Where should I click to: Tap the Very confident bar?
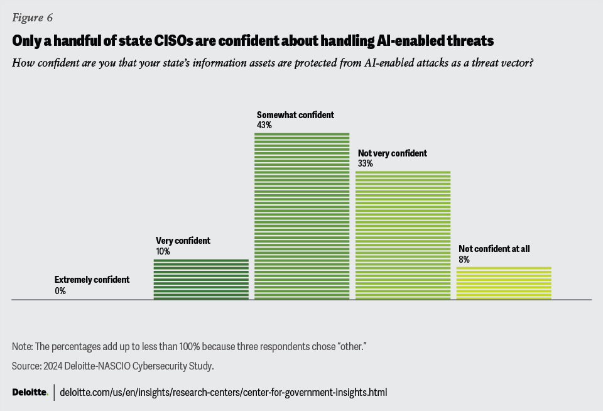click(x=201, y=279)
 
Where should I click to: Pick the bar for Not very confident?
click(x=403, y=235)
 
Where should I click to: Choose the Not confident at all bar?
click(x=504, y=283)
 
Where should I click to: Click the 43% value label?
click(x=264, y=125)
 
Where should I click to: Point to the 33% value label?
click(x=366, y=163)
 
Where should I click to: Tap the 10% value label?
click(x=163, y=251)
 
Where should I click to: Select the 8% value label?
click(x=464, y=259)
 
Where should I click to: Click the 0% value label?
click(x=60, y=291)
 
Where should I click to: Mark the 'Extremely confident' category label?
click(x=92, y=280)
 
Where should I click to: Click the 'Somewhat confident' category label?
click(x=295, y=115)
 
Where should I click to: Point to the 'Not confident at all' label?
click(x=494, y=249)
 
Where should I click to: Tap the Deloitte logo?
click(x=30, y=393)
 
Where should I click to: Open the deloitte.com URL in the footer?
click(x=223, y=393)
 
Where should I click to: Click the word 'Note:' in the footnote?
click(x=23, y=347)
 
